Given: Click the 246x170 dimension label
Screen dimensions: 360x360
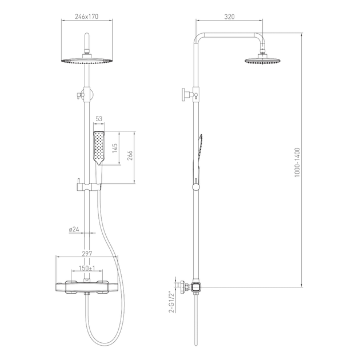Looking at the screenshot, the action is [x=86, y=17].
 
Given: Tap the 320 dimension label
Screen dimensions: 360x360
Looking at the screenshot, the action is [x=229, y=17].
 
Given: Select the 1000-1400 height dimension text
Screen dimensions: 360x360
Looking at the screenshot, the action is [x=297, y=162].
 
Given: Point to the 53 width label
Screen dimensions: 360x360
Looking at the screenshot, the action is [x=99, y=119].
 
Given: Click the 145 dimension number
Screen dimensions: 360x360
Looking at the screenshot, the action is [x=115, y=148].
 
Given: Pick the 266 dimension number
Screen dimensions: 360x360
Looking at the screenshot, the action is [x=130, y=155].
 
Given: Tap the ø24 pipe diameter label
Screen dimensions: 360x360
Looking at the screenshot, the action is [x=74, y=229].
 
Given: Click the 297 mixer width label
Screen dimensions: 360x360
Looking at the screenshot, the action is [x=87, y=254].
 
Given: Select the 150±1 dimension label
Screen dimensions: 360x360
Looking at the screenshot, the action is [x=87, y=268].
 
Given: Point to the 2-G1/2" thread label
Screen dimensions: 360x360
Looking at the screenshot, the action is [x=171, y=302].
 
